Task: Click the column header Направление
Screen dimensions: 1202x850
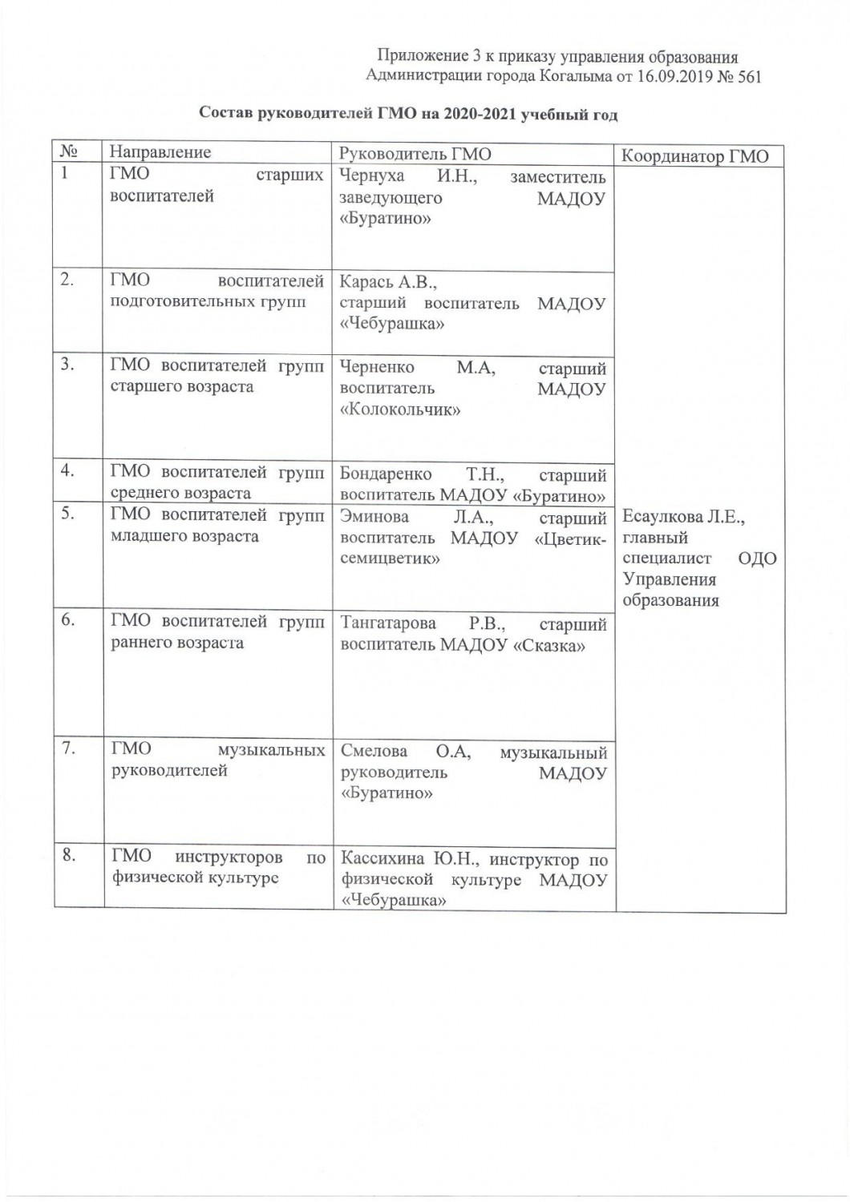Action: click(x=160, y=152)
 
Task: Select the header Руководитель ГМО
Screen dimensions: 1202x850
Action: click(x=415, y=153)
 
